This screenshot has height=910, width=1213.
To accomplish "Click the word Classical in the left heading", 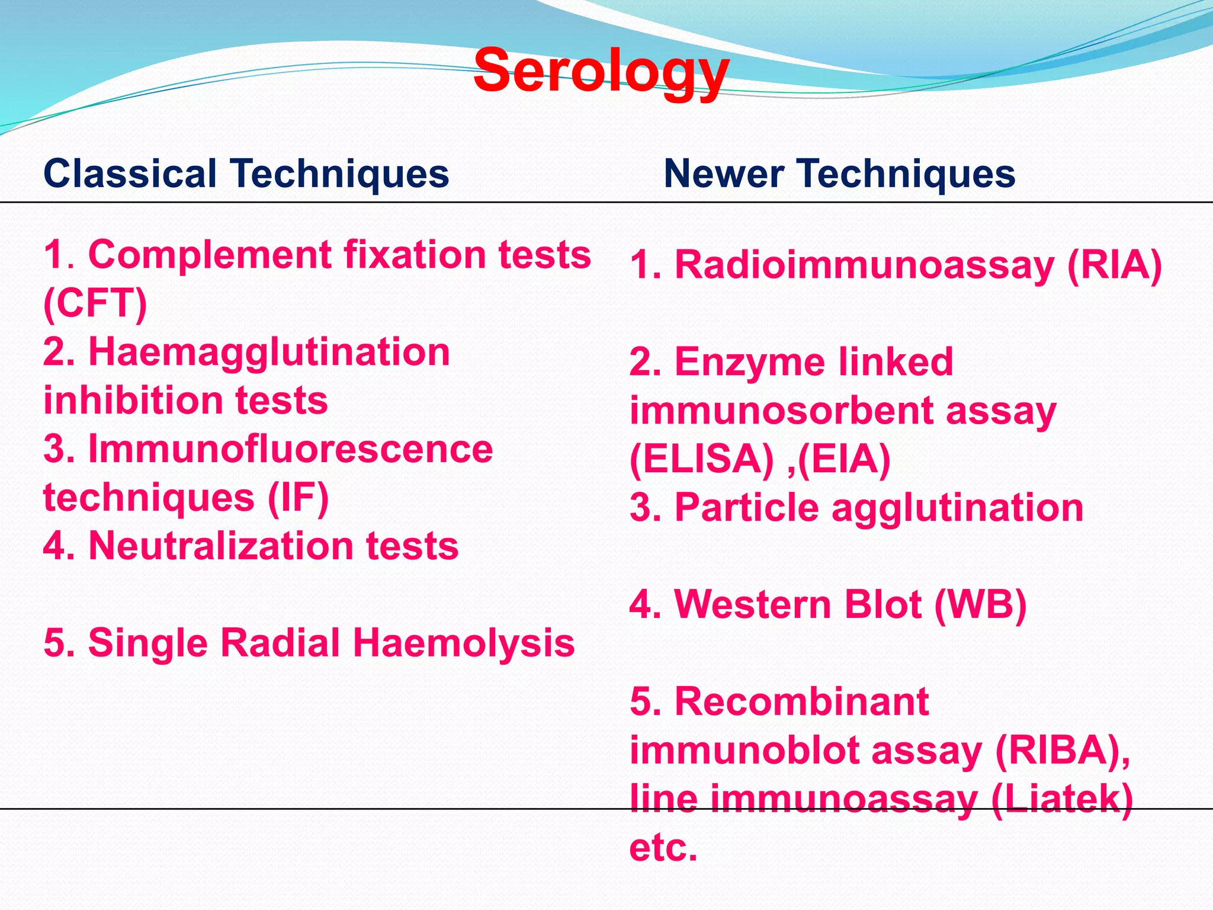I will (x=130, y=174).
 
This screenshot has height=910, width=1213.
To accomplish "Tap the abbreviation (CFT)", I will (x=95, y=303).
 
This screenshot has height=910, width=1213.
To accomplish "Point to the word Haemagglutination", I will (x=269, y=353).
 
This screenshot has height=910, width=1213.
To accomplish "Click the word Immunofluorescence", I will (x=290, y=449).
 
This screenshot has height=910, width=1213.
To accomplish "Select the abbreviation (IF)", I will (x=298, y=498).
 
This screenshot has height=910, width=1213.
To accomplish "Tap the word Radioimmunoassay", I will (x=864, y=265).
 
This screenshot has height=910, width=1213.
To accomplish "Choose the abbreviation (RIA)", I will (x=1114, y=265).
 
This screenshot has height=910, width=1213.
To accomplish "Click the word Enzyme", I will (x=749, y=362).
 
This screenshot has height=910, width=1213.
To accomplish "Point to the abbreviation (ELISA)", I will (x=701, y=459).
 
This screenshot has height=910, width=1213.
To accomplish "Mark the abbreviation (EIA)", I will (x=844, y=459).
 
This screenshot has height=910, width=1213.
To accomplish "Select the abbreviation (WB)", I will (x=980, y=605).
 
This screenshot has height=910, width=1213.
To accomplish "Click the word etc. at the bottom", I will (x=663, y=848).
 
